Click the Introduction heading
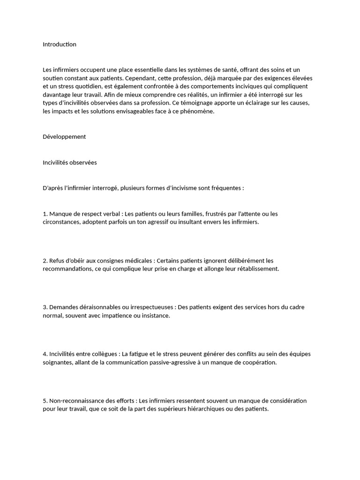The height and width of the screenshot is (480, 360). [x=59, y=45]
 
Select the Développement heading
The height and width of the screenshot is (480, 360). [x=64, y=137]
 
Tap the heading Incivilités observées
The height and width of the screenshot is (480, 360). [x=69, y=163]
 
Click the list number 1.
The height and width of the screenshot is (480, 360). [x=45, y=214]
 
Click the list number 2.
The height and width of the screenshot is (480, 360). [x=45, y=260]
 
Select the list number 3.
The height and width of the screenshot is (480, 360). [x=45, y=307]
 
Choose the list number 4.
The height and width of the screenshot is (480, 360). [x=45, y=354]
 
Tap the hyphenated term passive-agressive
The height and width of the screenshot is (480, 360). [x=173, y=362]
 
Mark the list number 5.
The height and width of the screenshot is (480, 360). [x=45, y=401]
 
